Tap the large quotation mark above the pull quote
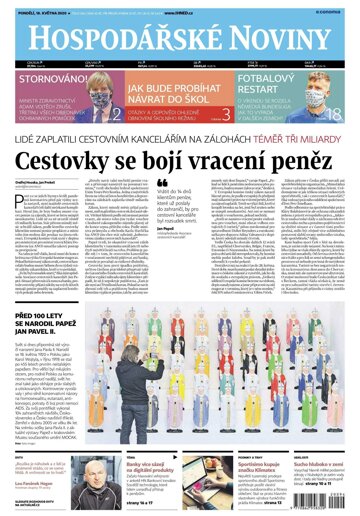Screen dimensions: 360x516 (163, 213)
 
